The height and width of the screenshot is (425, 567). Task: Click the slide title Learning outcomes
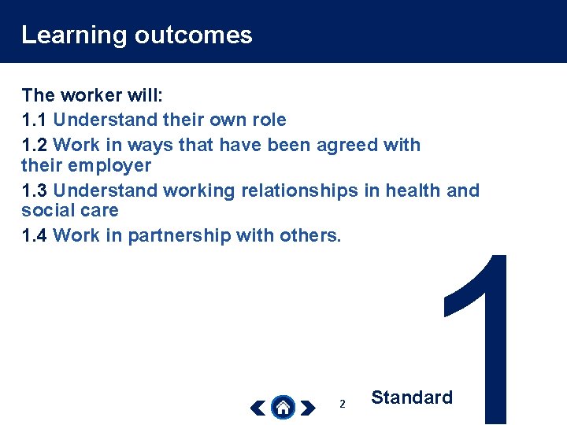coord(136,35)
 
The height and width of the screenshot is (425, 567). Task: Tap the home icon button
coord(283,408)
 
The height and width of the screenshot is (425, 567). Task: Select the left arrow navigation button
coord(258,408)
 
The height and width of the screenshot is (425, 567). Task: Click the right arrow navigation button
coord(308,408)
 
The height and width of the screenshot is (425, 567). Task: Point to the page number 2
coord(342,404)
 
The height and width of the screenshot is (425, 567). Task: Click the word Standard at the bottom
coord(411,397)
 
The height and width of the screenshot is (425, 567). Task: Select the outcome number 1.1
coord(35,120)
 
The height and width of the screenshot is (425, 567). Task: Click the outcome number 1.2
coord(35,145)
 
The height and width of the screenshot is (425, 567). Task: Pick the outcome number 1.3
coord(35,190)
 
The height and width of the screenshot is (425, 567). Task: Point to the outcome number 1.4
coord(35,235)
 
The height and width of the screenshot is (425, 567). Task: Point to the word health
coord(411,190)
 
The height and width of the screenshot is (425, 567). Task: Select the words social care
coord(69,211)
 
